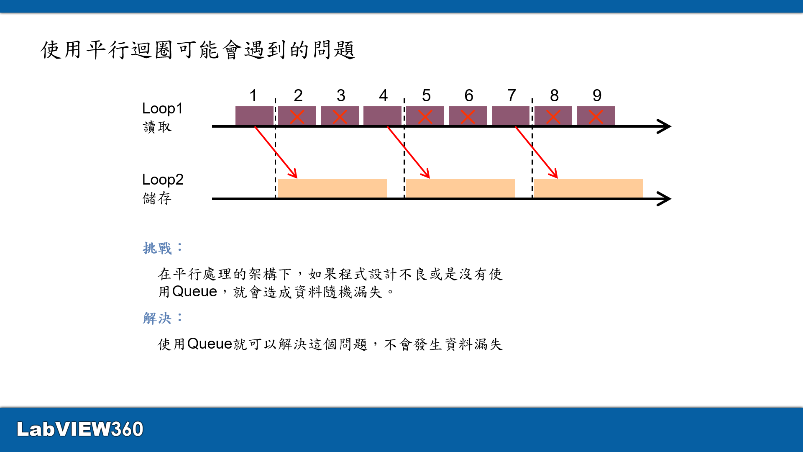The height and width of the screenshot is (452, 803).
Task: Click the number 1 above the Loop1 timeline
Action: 253,95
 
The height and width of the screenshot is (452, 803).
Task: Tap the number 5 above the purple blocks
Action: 426,95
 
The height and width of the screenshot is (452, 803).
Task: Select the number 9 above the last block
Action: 597,95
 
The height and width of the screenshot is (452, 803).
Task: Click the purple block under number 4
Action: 382,116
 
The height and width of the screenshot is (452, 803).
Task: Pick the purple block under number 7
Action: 511,116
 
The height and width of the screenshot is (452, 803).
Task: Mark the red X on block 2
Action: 297,117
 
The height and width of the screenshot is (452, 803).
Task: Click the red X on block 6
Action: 468,117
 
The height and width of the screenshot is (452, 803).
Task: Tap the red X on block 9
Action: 596,117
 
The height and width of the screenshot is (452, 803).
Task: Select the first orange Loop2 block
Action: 332,188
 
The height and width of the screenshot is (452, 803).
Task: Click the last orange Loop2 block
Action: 588,188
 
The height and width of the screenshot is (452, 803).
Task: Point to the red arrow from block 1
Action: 276,153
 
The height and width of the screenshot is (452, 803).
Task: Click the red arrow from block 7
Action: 536,153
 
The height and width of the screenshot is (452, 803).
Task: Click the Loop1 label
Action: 162,108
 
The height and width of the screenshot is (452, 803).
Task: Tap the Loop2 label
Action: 163,180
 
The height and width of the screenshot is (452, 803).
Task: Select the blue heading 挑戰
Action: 157,248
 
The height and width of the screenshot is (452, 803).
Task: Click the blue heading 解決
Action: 157,318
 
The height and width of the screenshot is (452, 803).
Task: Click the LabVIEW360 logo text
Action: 80,429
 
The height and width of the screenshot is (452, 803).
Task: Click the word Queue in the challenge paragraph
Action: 194,291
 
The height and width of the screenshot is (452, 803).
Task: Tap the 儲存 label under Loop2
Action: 157,198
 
